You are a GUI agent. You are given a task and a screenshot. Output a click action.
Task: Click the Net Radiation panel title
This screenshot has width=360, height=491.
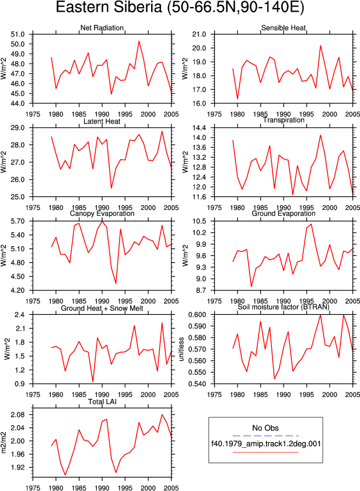coord(102,28)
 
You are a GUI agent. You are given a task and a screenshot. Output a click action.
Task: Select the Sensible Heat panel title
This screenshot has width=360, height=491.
coord(284,28)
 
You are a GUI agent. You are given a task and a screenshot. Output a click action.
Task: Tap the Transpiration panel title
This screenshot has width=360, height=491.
coord(284,120)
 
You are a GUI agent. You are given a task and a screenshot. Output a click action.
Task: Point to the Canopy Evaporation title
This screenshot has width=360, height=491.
coord(102,213)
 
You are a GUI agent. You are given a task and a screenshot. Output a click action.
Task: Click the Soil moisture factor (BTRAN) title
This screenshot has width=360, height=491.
coord(284,307)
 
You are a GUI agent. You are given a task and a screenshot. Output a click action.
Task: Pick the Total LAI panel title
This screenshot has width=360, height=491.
coord(102,402)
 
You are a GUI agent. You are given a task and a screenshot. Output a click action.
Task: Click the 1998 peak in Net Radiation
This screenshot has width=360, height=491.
coord(139,41)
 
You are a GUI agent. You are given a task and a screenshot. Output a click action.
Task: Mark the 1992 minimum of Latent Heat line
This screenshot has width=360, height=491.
coord(111,188)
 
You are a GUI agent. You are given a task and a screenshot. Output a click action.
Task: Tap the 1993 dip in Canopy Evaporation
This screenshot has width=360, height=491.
coord(116,283)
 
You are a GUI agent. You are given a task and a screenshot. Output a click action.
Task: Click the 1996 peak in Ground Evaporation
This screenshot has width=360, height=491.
coord(311,224)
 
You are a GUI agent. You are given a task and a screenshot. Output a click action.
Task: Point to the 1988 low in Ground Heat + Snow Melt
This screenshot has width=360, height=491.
coord(93,382)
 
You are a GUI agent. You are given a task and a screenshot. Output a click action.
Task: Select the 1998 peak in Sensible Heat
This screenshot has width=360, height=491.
coord(320,45)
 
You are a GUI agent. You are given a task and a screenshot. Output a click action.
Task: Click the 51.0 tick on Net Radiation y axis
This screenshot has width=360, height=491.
coord(18,34)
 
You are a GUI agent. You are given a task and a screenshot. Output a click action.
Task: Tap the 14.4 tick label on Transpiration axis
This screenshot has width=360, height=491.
coord(200,128)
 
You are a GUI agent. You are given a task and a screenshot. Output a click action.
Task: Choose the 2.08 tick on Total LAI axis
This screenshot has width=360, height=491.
coord(18,415)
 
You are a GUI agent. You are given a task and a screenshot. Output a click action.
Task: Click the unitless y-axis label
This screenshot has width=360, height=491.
coord(181,349)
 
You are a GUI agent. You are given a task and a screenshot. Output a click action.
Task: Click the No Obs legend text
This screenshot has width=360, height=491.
coord(265,428)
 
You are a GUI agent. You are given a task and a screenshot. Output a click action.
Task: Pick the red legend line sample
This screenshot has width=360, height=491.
coord(265,452)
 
